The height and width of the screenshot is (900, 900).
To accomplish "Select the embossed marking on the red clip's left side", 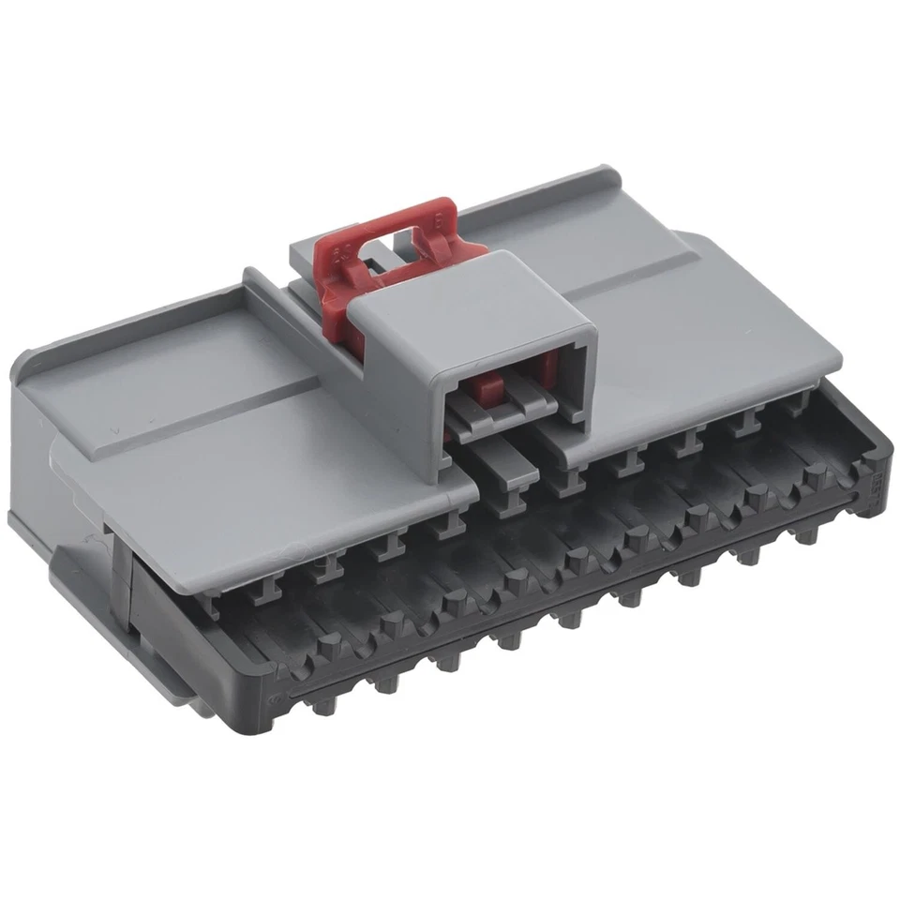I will pyautogui.click(x=343, y=250).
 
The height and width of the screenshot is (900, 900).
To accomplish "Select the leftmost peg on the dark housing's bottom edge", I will pyautogui.click(x=323, y=705).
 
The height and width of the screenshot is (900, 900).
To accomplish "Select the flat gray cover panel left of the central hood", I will pyautogui.click(x=234, y=441).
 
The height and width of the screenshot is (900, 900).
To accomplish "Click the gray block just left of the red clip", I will pyautogui.click(x=304, y=248).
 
